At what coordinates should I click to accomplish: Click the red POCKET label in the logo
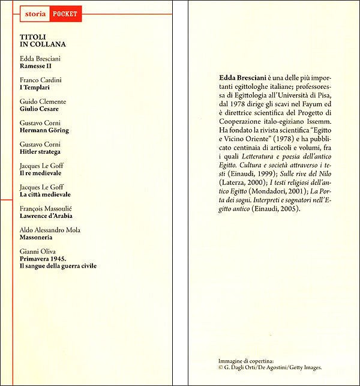point(65,14)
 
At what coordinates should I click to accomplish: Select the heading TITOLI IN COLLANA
point(43,40)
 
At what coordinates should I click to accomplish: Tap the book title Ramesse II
point(35,66)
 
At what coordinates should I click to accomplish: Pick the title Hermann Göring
point(44,130)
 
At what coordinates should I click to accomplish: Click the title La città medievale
point(45,195)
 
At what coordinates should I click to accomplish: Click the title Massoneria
point(37,237)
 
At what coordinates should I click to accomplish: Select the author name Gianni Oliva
point(37,252)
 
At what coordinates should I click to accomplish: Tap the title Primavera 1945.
point(44,259)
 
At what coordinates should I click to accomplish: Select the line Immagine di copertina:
point(246,360)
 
